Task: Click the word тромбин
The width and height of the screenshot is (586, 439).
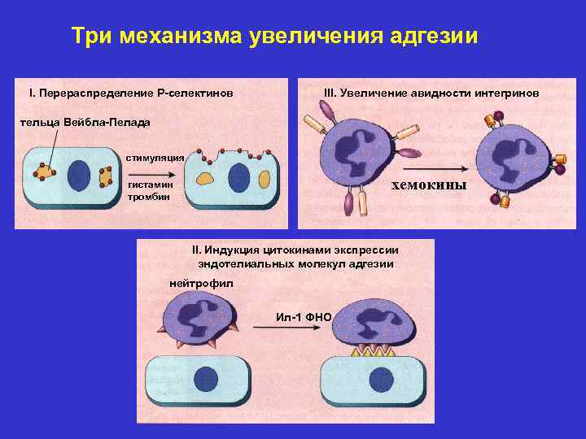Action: point(148,198)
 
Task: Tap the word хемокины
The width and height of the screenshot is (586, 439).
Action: point(429,185)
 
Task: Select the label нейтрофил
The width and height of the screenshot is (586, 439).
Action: point(200,283)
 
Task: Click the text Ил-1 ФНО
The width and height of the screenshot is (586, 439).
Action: point(302,315)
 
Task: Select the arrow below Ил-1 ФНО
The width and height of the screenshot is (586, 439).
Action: point(293,327)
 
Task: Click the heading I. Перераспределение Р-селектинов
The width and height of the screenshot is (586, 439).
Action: point(131,94)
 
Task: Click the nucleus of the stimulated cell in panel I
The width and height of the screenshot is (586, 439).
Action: point(238,178)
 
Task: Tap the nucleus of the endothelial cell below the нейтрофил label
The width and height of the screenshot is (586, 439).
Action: point(206,379)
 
